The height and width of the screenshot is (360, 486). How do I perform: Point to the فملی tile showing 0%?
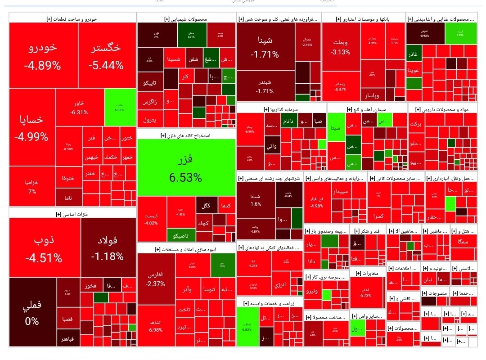click(32, 312)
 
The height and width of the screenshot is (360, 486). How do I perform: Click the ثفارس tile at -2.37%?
click(156, 279)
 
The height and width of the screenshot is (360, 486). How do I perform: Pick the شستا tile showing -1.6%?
click(255, 200)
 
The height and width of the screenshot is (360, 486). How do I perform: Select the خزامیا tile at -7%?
click(31, 186)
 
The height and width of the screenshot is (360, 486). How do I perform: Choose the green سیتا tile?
click(336, 127)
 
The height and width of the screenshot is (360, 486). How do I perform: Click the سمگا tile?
click(463, 242)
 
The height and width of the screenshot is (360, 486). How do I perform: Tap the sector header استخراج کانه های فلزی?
click(186, 135)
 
